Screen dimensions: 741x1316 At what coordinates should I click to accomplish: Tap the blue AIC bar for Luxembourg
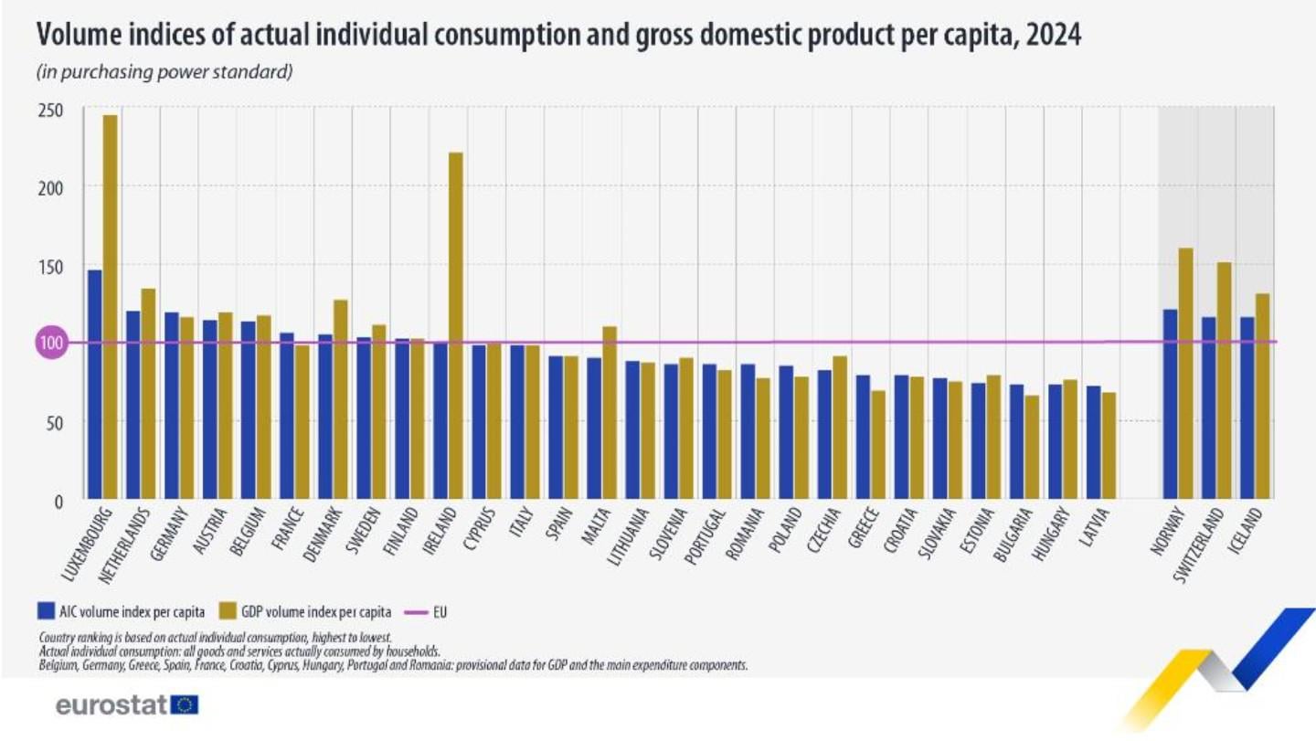(x=94, y=384)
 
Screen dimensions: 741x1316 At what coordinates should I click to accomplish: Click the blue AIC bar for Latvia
(x=1093, y=442)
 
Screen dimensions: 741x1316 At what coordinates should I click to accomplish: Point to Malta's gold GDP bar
(x=609, y=412)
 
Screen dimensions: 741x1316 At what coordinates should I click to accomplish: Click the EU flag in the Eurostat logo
(x=185, y=704)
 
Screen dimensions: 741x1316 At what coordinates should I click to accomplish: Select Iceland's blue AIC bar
(x=1247, y=408)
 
